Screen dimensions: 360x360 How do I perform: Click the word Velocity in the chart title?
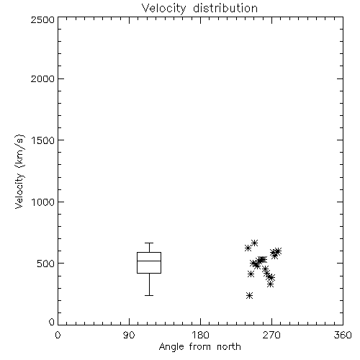click(163, 9)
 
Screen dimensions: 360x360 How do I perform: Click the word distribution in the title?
click(225, 8)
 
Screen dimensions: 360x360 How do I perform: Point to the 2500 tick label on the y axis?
click(42, 19)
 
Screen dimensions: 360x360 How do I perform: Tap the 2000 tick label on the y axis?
click(42, 78)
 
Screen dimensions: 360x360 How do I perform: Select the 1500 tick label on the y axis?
click(43, 140)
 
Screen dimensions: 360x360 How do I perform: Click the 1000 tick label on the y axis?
click(43, 202)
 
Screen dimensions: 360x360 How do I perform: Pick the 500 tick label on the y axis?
click(46, 264)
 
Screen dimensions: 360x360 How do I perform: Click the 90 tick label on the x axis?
click(129, 335)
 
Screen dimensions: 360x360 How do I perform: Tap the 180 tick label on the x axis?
click(200, 335)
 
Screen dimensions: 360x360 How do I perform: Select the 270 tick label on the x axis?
click(271, 335)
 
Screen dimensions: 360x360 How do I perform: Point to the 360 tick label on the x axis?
click(343, 335)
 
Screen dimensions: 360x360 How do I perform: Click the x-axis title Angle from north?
click(200, 347)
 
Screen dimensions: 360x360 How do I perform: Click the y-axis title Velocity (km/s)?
click(19, 171)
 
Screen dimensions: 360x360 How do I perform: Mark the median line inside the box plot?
click(149, 261)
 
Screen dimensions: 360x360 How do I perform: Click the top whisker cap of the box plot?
click(149, 243)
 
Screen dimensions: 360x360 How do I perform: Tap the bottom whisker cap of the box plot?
click(149, 295)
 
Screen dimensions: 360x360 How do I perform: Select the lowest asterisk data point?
click(250, 295)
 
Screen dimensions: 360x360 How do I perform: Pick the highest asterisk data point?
click(255, 243)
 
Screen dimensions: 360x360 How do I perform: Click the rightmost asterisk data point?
click(278, 251)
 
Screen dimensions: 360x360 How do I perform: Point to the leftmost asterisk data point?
click(248, 248)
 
